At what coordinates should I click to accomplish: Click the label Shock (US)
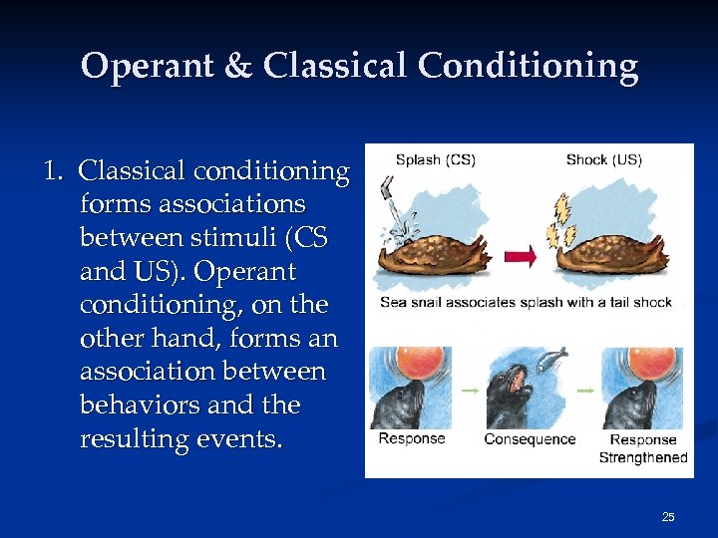pos(605,159)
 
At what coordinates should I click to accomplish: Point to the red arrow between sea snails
pos(521,257)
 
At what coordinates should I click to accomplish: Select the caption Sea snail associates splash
pos(527,302)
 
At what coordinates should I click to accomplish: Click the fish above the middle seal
pos(551,357)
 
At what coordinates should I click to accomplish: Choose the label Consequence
pos(530,439)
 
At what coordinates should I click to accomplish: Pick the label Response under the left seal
pos(412,439)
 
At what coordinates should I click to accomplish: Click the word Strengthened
pos(643,457)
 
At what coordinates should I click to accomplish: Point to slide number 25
pos(668,516)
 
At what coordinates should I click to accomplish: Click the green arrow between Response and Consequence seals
pos(469,391)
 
